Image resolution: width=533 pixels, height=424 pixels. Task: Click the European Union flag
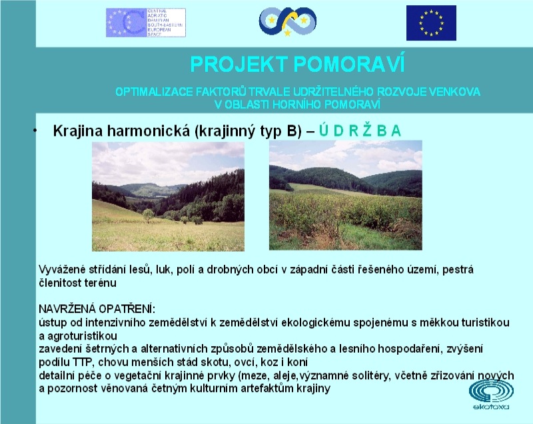(431, 23)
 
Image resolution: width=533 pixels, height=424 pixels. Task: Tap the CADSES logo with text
(146, 23)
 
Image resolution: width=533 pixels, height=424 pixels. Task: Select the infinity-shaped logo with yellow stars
(288, 21)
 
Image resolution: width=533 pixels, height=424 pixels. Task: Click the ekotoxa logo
(491, 395)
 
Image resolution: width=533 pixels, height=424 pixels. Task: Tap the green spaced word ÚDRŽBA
(360, 130)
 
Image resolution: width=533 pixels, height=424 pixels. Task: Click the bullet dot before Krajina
(35, 130)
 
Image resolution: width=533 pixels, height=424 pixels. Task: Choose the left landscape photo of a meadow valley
(168, 196)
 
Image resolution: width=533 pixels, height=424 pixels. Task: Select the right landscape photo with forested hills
(345, 195)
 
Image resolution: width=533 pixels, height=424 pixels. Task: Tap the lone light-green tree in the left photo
(148, 214)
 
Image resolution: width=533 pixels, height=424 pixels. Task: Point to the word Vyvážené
(62, 270)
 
